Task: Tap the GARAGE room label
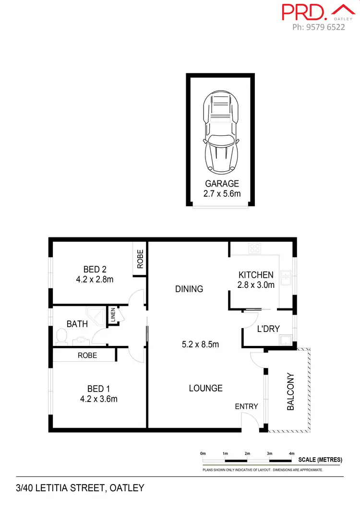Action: (x=222, y=183)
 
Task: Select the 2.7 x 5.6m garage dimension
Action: (x=222, y=193)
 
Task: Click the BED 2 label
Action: (x=91, y=269)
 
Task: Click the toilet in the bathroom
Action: (x=61, y=337)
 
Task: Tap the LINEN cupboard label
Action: (x=113, y=316)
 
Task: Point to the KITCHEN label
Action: (x=256, y=275)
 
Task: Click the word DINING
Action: (x=189, y=289)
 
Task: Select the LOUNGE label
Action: (x=205, y=388)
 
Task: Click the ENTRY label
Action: (x=246, y=406)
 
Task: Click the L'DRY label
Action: (x=268, y=329)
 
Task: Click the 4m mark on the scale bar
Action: (x=291, y=453)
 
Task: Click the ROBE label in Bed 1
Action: (x=87, y=355)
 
